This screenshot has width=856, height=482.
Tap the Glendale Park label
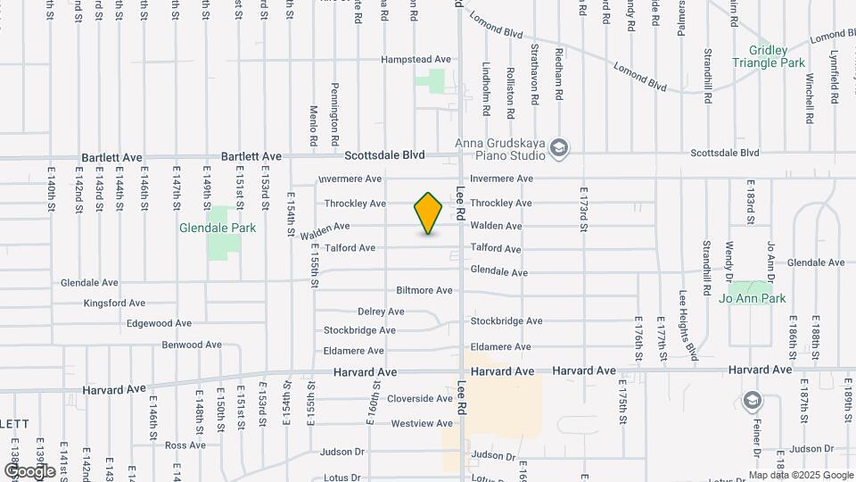coord(218,228)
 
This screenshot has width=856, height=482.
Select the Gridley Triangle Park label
coord(769,56)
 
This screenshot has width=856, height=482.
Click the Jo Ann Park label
coord(753,298)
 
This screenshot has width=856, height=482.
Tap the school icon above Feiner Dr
coord(752,400)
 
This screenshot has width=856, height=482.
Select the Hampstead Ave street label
coord(416,59)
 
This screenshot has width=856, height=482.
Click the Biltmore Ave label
coord(424,290)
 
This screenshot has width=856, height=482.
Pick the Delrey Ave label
coord(381,312)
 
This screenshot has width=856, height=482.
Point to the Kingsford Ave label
coord(114,303)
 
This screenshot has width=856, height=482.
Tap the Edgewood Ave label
coord(159,323)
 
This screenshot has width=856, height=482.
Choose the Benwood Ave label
coord(192,345)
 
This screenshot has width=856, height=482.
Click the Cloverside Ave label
coord(422,398)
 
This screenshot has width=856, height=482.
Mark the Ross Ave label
coord(185,445)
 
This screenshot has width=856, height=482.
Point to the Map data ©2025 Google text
coord(802,475)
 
